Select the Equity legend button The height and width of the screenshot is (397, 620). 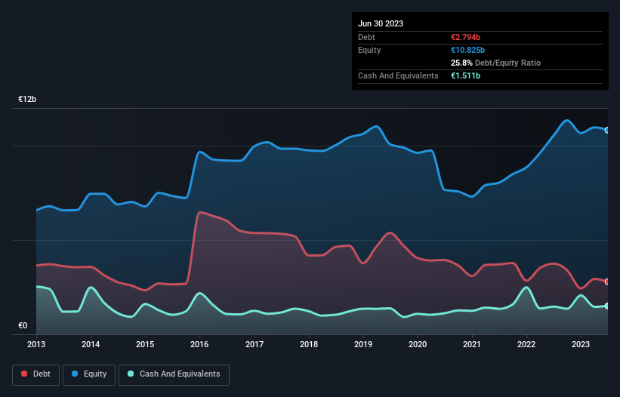(x=89, y=374)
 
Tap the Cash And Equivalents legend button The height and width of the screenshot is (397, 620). (x=174, y=374)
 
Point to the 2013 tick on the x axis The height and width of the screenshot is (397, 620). (x=36, y=345)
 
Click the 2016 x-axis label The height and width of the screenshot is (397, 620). (x=200, y=345)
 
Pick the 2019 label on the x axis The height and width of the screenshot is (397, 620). (x=363, y=345)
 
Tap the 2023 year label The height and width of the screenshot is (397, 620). (x=581, y=345)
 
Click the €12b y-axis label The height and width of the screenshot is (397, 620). (x=28, y=100)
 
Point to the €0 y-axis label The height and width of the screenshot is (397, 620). (x=23, y=326)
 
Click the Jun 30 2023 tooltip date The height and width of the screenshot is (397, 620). (x=381, y=23)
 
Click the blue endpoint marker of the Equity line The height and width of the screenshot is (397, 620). (x=607, y=130)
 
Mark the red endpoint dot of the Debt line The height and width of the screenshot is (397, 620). (x=607, y=282)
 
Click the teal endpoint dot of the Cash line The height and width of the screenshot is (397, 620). (x=607, y=306)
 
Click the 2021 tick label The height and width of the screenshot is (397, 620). (x=473, y=345)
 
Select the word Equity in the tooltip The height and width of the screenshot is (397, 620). (x=369, y=50)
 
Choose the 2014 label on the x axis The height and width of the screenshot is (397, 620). (x=91, y=345)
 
